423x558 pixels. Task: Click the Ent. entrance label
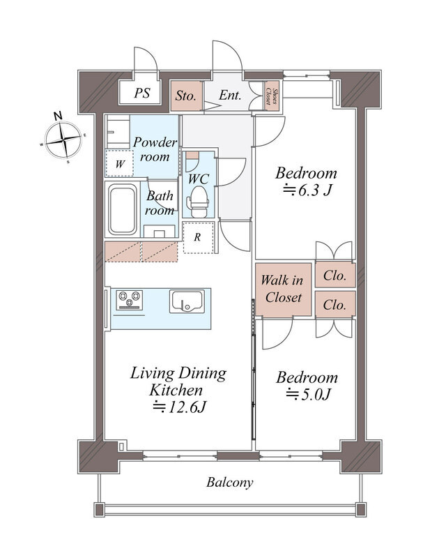point(230,96)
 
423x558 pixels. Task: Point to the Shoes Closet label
point(275,96)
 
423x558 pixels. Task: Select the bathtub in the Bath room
point(123,211)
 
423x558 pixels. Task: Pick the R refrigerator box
point(197,237)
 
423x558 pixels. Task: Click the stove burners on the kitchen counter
point(129,300)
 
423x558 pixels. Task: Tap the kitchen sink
point(186,301)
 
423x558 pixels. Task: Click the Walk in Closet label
point(282,289)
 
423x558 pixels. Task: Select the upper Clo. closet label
point(334,276)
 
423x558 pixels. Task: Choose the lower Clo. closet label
point(334,305)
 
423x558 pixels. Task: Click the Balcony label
point(229,482)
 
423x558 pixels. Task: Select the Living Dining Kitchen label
point(178,381)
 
